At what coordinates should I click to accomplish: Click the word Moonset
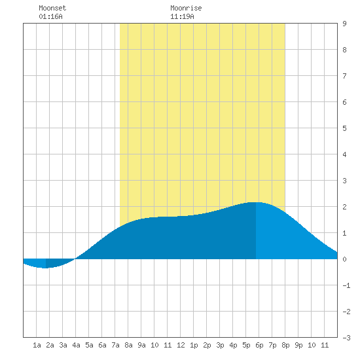click(x=52, y=8)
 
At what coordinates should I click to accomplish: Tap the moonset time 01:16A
click(x=50, y=16)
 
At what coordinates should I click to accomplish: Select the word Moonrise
click(x=186, y=8)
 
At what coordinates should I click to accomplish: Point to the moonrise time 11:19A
click(x=182, y=16)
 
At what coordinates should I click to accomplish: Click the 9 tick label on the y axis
click(x=344, y=24)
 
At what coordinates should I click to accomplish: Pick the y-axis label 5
click(x=344, y=128)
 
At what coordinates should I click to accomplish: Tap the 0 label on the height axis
click(x=344, y=259)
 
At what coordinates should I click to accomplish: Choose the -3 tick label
click(x=346, y=338)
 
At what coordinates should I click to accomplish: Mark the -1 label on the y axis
click(x=346, y=285)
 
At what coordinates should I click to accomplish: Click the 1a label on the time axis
click(x=37, y=345)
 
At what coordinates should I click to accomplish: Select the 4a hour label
click(x=76, y=345)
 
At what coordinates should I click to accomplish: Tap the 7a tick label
click(x=115, y=345)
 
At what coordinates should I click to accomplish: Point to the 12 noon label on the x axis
click(x=181, y=345)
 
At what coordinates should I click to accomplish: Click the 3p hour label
click(x=220, y=345)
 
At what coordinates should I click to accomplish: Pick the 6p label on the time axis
click(x=259, y=345)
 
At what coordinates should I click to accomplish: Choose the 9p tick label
click(x=298, y=345)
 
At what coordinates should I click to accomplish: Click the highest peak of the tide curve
click(x=256, y=202)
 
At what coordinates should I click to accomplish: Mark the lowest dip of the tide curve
click(x=45, y=268)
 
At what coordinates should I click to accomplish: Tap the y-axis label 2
click(x=344, y=207)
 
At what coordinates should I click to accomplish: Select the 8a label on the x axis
click(x=128, y=345)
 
